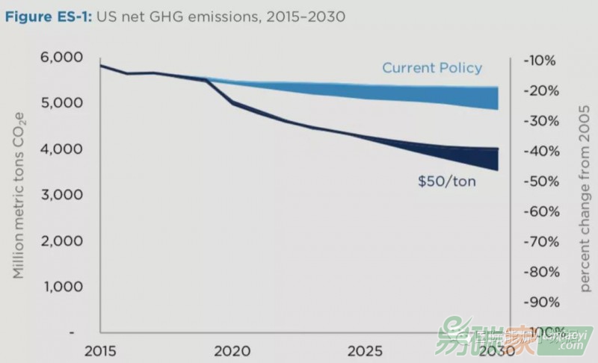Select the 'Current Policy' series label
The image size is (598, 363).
pyautogui.click(x=432, y=68)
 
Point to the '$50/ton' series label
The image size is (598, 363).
pyautogui.click(x=447, y=181)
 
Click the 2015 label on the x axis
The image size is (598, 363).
pyautogui.click(x=100, y=351)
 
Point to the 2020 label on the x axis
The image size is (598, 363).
pyautogui.click(x=232, y=351)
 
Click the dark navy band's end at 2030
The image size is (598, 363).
pyautogui.click(x=497, y=159)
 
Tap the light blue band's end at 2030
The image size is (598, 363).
pyautogui.click(x=497, y=98)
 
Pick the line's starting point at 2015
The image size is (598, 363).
pyautogui.click(x=100, y=66)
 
